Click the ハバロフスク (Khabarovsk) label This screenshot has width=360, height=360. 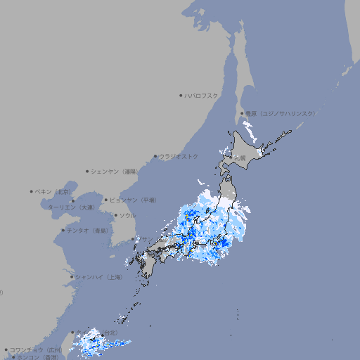(x=202, y=95)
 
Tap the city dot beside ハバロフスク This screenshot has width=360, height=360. (x=181, y=95)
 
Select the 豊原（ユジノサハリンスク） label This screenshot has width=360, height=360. (x=281, y=113)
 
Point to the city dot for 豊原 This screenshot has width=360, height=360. (x=242, y=113)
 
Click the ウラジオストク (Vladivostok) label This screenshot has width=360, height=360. (x=179, y=156)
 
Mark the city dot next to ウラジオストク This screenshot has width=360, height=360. (x=155, y=156)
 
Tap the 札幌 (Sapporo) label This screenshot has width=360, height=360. (x=241, y=157)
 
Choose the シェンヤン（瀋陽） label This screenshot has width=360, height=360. (x=115, y=171)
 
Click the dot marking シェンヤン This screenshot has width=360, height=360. (x=87, y=171)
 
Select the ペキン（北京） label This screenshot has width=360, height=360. (x=53, y=191)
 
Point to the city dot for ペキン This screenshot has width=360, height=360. (x=32, y=191)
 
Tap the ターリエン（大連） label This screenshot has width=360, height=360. (x=70, y=207)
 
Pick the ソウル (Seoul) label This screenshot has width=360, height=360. (x=127, y=215)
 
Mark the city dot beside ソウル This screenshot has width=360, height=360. (x=115, y=215)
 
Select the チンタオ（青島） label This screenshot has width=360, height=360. (x=88, y=230)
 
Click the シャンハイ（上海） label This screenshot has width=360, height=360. (x=99, y=277)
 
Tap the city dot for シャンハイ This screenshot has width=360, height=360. (x=72, y=277)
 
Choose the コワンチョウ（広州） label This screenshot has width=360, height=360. (x=37, y=349)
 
